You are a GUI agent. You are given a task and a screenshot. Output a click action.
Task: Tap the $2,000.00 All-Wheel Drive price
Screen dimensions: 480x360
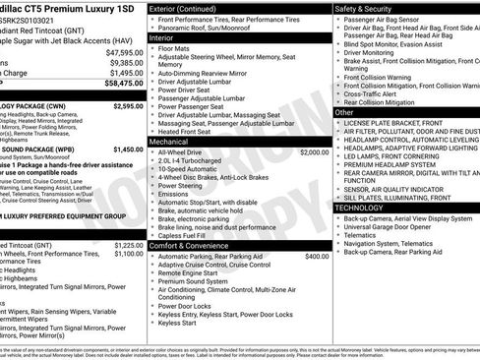(x=314, y=152)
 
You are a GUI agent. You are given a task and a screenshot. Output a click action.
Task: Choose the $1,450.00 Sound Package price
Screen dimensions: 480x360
(x=127, y=150)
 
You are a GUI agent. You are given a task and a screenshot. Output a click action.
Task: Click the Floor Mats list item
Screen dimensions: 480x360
(x=175, y=47)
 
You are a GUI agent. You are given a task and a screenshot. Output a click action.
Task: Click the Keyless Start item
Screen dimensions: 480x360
(x=178, y=323)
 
